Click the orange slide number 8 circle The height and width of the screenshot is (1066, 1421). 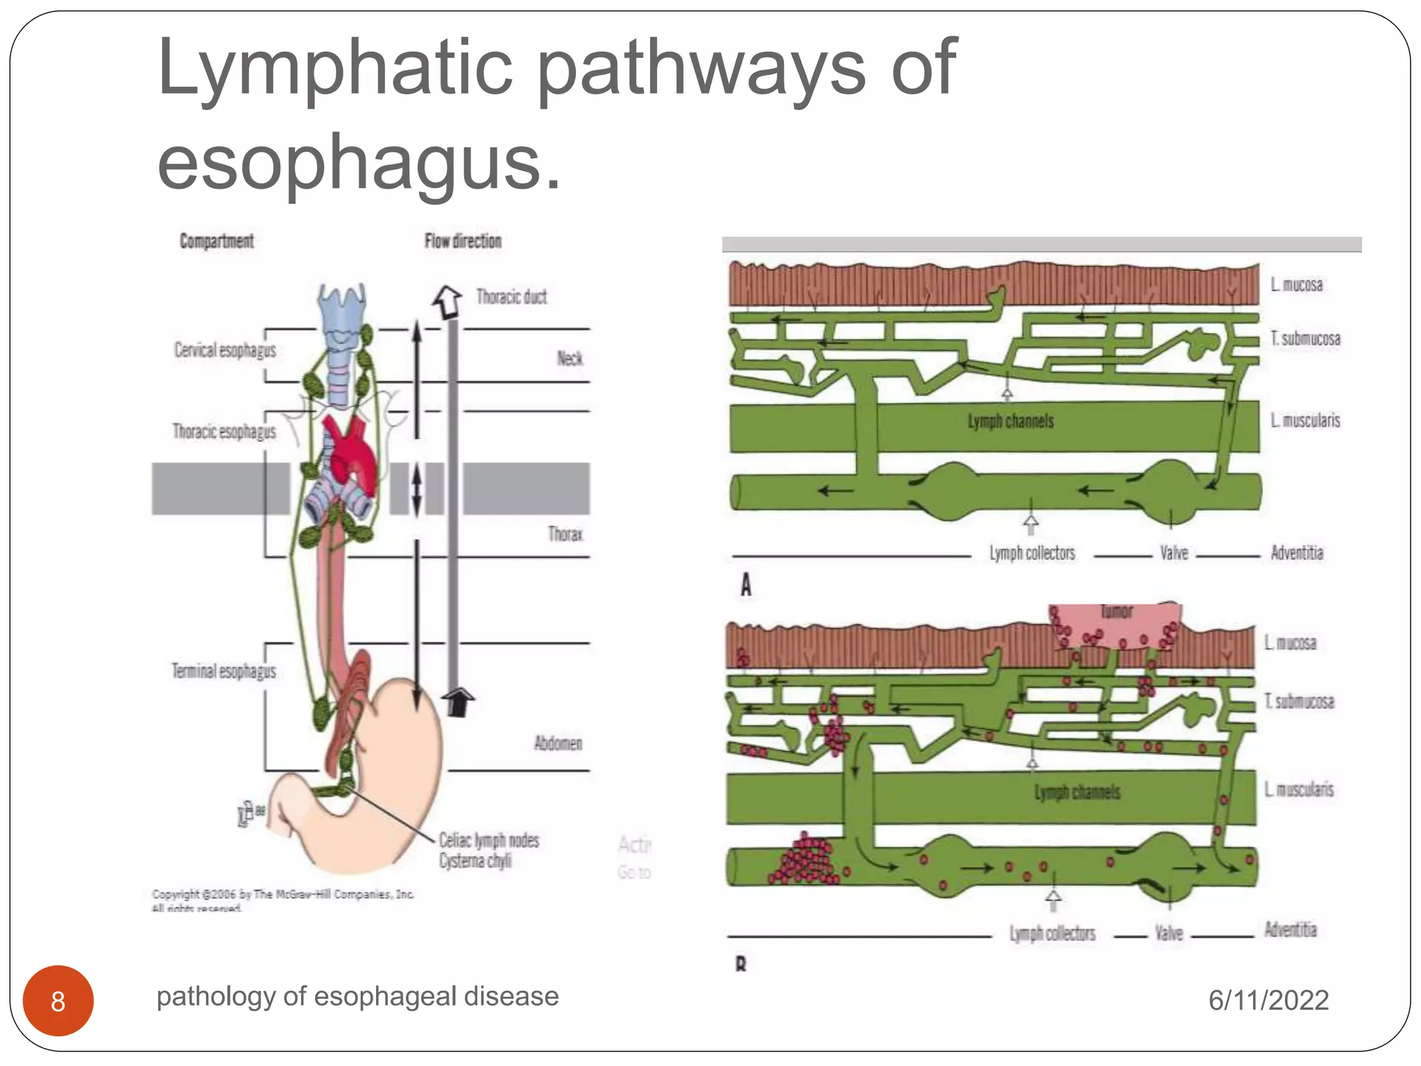click(58, 1001)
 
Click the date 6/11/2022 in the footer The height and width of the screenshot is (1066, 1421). click(1268, 1000)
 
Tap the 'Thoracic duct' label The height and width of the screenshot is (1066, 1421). click(511, 297)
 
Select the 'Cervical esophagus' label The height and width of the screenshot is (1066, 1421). click(225, 350)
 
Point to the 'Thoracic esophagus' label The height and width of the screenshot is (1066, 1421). click(224, 432)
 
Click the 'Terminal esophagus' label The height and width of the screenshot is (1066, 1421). click(223, 671)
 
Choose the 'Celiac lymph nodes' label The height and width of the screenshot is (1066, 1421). click(488, 840)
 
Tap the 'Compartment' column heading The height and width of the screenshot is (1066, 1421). click(216, 241)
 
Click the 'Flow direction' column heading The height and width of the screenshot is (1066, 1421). click(463, 241)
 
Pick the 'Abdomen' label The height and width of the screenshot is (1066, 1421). click(558, 743)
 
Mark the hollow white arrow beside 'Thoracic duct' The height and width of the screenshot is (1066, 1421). click(448, 301)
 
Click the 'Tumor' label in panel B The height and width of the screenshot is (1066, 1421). click(1116, 611)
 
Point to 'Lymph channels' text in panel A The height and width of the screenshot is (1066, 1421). click(1011, 421)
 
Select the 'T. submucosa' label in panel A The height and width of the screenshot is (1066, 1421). click(1305, 339)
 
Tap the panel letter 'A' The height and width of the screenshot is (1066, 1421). click(746, 584)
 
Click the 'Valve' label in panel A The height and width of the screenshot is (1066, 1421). click(1174, 553)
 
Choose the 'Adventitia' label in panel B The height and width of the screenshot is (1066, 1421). click(1290, 929)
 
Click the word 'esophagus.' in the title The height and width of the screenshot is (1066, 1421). click(359, 162)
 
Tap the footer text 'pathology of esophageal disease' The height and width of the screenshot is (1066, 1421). click(357, 996)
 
